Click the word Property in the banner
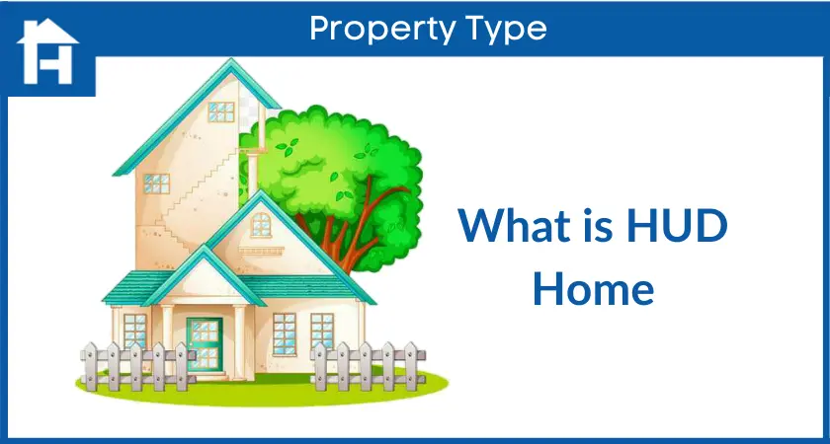(381, 29)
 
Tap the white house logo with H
(47, 51)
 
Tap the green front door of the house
(205, 344)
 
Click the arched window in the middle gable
(261, 225)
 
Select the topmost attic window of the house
(220, 112)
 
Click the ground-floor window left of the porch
(135, 332)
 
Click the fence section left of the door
(137, 366)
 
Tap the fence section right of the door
(368, 366)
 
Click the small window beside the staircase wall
(157, 184)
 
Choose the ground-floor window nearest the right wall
(323, 332)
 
